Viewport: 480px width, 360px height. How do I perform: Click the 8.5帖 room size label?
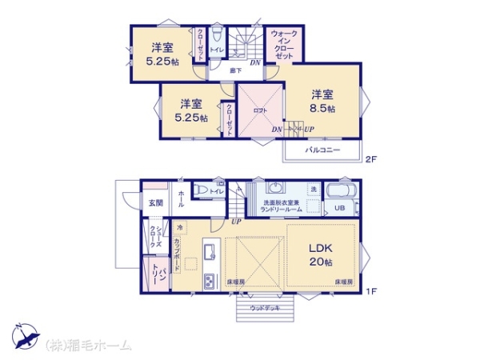324,108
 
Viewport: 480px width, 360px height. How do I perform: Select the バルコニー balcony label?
322,150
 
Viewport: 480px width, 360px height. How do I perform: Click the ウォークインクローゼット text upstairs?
285,46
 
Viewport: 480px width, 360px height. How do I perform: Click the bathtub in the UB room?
342,193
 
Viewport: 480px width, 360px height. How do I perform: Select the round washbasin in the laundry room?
277,190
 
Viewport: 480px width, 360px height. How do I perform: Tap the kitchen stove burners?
210,282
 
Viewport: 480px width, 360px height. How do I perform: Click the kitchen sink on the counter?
210,254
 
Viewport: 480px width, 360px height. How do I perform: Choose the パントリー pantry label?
158,277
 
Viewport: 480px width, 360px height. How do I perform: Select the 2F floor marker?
370,159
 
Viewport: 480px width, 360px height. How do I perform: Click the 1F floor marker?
371,290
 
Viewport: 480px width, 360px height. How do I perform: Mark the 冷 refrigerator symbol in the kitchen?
181,227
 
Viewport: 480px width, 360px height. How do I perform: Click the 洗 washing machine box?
314,189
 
